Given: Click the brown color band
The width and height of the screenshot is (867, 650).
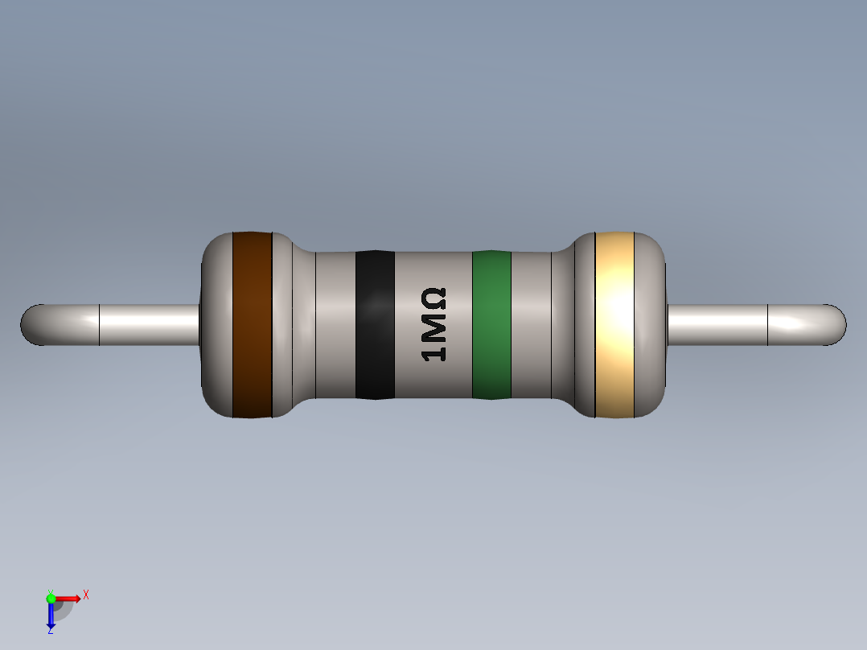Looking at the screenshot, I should (252, 325).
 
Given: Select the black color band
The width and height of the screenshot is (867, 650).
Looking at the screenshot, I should (375, 325).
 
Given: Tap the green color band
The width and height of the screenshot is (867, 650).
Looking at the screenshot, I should (491, 325).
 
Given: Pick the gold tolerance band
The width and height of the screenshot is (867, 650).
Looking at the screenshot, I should (614, 325).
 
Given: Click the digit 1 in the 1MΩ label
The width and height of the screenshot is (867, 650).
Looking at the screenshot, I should (434, 352).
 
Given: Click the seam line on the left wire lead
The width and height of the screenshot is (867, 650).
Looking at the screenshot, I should (99, 325).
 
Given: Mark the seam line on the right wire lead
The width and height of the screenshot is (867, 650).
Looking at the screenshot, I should (768, 325).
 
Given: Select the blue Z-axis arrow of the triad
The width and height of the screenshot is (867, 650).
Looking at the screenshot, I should (51, 615).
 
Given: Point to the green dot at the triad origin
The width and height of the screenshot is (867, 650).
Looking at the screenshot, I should (51, 598).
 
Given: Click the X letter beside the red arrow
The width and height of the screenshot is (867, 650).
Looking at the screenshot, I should (86, 595).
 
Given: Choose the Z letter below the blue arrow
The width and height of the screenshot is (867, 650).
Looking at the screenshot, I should (50, 631).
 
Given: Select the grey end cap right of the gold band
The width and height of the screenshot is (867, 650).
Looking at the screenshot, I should (651, 325).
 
